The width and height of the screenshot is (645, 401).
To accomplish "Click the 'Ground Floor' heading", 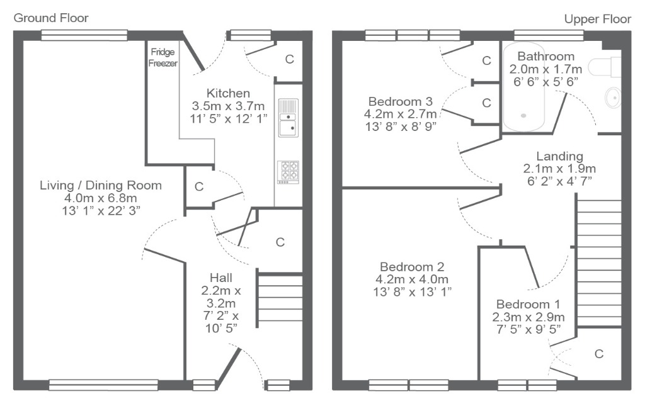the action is pos(51,18).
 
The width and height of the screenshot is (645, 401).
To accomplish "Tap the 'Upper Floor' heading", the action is pos(597,20).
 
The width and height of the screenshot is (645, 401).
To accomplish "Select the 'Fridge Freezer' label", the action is pos(163,57).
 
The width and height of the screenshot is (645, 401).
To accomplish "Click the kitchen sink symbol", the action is pos(288,118).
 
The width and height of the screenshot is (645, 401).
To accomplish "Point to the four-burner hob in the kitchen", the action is pos(288,172).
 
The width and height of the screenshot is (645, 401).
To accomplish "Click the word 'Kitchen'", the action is pos(228,93).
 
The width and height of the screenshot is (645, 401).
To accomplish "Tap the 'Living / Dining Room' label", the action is pos(101,185).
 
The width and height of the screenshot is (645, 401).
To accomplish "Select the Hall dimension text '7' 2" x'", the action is pos(221,316).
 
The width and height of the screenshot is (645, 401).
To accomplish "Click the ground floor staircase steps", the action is pos(280,298).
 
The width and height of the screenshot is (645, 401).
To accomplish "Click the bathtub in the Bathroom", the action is pos(523,87).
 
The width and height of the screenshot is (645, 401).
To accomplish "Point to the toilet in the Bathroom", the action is pos(604,67).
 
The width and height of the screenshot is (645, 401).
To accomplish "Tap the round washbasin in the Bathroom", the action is pos(613,98).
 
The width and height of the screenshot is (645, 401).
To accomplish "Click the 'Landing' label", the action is pos(560,156).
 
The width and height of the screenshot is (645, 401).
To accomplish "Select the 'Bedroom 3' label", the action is pos(400,101).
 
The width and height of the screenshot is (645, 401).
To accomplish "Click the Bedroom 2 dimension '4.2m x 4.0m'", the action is pos(412,280).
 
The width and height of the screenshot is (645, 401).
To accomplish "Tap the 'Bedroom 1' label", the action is pos(528,304).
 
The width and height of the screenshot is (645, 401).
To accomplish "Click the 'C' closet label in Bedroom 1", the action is pos(599,354).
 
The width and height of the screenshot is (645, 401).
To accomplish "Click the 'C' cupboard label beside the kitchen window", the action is pos(290,59).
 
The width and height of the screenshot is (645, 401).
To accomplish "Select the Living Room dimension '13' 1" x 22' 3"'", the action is pos(101,211).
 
